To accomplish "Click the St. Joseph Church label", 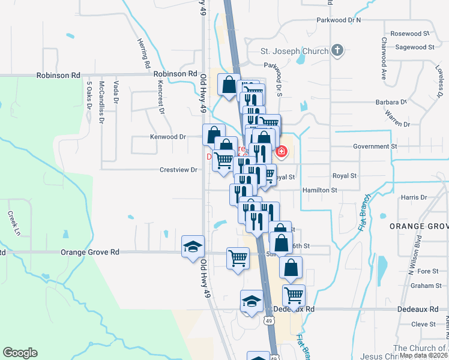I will (x=294, y=51).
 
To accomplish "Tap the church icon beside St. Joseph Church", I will (x=337, y=50).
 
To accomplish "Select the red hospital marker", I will (x=280, y=153).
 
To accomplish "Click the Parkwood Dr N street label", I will (x=339, y=20).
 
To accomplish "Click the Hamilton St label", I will (x=320, y=190).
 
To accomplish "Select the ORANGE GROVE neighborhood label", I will (x=419, y=226).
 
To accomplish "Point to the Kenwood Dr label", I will (x=167, y=137).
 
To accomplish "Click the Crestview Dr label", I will (x=178, y=170).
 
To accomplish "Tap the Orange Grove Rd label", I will (x=90, y=253).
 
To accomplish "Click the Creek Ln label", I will (x=13, y=223).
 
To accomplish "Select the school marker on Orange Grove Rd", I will (x=193, y=247).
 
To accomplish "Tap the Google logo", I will (x=20, y=353).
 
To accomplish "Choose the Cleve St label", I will (x=424, y=324).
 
